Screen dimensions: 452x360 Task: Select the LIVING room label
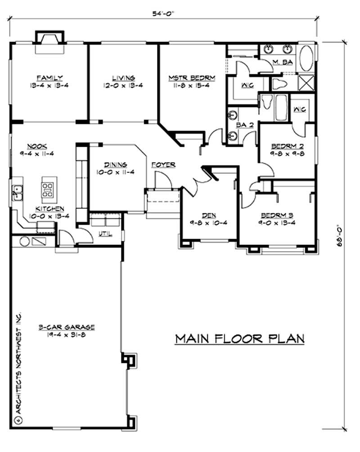[123, 77]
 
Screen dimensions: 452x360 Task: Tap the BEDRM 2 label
[283, 146]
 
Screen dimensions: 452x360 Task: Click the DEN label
[209, 216]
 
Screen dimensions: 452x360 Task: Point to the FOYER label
[163, 164]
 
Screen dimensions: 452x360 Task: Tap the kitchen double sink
[18, 192]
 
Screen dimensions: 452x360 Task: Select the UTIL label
[104, 233]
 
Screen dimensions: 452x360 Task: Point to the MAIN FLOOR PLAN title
[239, 338]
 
